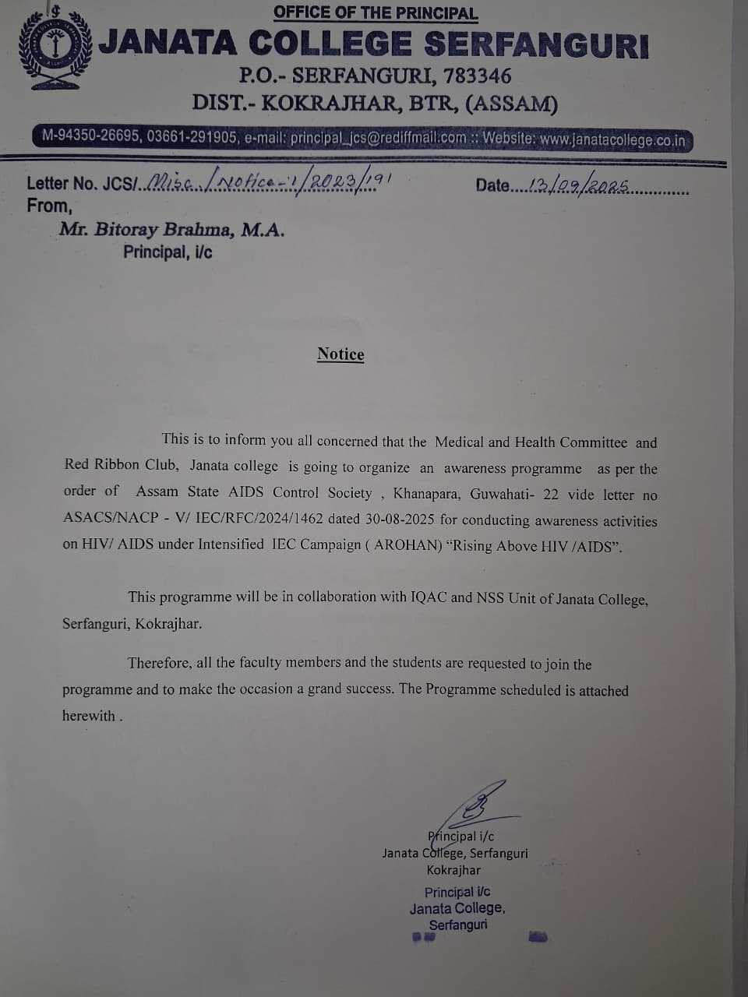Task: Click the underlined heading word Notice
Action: (340, 354)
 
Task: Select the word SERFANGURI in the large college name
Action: (537, 44)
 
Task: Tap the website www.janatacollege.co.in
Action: (612, 141)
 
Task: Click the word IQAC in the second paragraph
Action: (429, 597)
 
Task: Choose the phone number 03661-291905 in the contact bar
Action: (192, 136)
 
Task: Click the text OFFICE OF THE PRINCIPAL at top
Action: (375, 13)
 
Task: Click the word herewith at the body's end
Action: (89, 716)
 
